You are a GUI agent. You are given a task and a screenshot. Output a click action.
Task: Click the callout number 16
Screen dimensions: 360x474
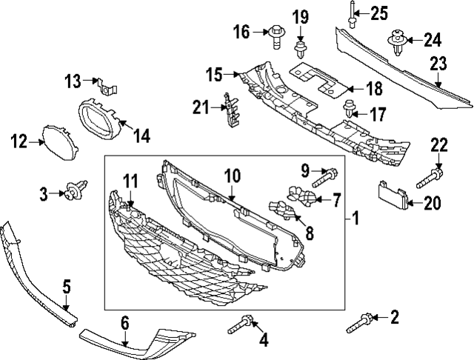click(241, 31)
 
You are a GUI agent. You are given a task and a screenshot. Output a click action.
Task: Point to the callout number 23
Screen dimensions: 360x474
click(439, 64)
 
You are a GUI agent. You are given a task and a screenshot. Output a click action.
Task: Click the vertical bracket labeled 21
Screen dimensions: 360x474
click(230, 108)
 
